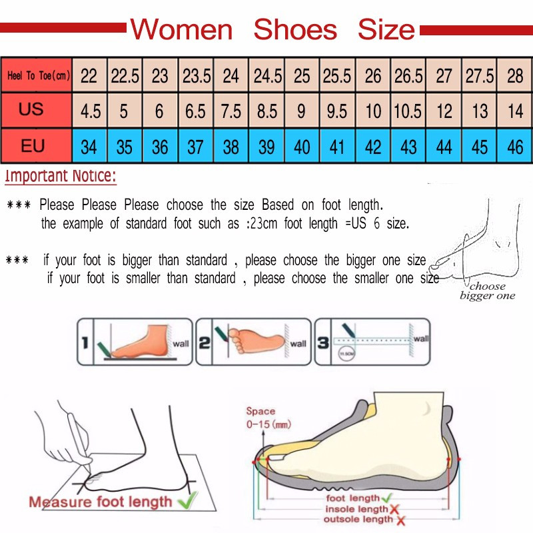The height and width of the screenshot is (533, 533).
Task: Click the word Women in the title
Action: [181, 30]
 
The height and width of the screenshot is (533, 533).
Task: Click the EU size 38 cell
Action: [231, 146]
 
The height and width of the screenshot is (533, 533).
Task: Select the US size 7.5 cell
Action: [231, 110]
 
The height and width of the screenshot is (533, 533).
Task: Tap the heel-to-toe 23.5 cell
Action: [197, 76]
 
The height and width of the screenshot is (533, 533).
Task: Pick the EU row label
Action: [33, 145]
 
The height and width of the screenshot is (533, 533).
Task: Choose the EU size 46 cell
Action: [515, 146]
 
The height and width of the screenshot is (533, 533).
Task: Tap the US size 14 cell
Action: [515, 110]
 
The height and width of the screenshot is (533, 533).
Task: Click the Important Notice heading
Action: [61, 177]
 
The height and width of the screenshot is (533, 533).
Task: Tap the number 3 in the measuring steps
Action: [322, 344]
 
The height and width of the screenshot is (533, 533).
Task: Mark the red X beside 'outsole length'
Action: [399, 520]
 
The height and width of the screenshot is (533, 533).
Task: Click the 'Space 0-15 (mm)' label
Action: [267, 418]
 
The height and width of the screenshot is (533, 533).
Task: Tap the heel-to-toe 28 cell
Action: [515, 76]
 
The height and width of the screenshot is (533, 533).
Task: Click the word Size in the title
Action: [386, 30]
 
